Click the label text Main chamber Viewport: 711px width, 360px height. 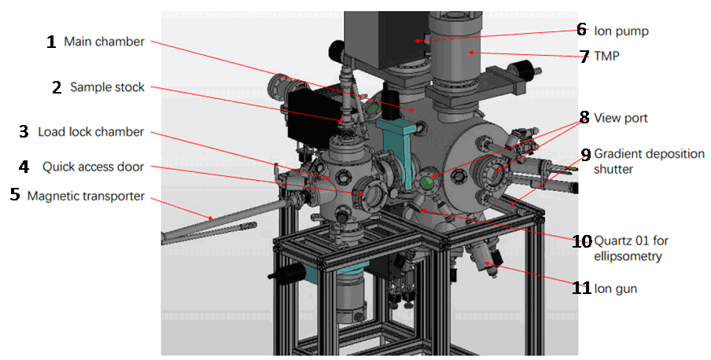pyautogui.click(x=105, y=41)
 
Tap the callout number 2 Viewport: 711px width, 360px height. pyautogui.click(x=57, y=87)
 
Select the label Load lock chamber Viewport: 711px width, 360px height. pyautogui.click(x=90, y=132)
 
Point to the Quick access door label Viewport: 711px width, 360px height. pyautogui.click(x=93, y=167)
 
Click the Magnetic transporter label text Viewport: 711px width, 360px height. pyautogui.click(x=87, y=197)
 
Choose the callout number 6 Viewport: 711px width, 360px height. pyautogui.click(x=582, y=30)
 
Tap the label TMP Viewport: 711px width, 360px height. pyautogui.click(x=606, y=57)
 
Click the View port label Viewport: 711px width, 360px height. pyautogui.click(x=621, y=119)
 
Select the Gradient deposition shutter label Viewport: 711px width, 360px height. pyautogui.click(x=650, y=161)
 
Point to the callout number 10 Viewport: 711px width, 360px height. pyautogui.click(x=582, y=241)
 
